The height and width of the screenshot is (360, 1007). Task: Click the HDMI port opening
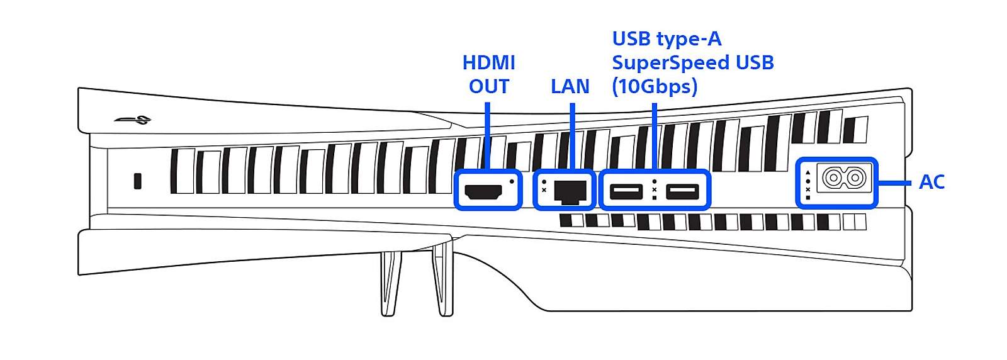(x=483, y=192)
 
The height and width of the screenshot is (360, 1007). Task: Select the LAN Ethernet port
(x=570, y=192)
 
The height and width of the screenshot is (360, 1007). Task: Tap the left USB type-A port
(x=626, y=191)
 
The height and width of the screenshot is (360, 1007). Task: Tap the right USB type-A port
(x=682, y=191)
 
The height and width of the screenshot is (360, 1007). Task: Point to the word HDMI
(x=488, y=62)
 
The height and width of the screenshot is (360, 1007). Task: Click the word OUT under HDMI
(x=488, y=86)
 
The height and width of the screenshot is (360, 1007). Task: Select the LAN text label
(x=570, y=86)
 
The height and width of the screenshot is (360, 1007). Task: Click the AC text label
(x=932, y=182)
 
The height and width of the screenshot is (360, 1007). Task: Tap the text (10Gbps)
(x=655, y=86)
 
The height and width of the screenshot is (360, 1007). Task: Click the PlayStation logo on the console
(x=133, y=120)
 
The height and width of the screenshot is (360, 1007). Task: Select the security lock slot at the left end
(x=138, y=181)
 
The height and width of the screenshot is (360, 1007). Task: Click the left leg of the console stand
(x=390, y=284)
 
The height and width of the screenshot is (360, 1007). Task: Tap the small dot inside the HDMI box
(x=512, y=181)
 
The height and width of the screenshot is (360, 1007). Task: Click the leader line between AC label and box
(x=894, y=183)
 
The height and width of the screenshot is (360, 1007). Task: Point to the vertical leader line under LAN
(x=572, y=137)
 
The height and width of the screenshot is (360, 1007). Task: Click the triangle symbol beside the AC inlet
(x=808, y=172)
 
